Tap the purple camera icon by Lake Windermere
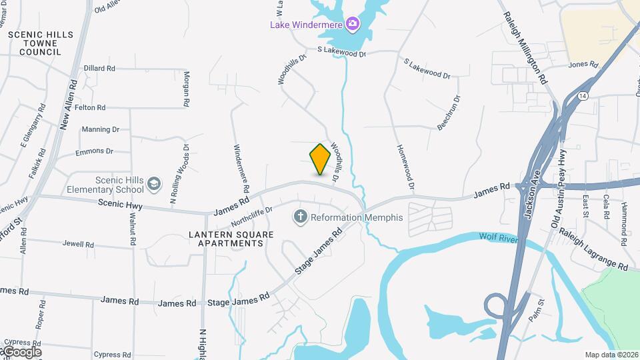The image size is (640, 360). [352, 25]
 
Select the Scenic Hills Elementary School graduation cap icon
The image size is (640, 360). [155, 183]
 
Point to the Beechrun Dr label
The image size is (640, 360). [448, 113]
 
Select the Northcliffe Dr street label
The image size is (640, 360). [252, 215]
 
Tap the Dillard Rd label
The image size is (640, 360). [100, 69]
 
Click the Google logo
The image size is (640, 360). [22, 351]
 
